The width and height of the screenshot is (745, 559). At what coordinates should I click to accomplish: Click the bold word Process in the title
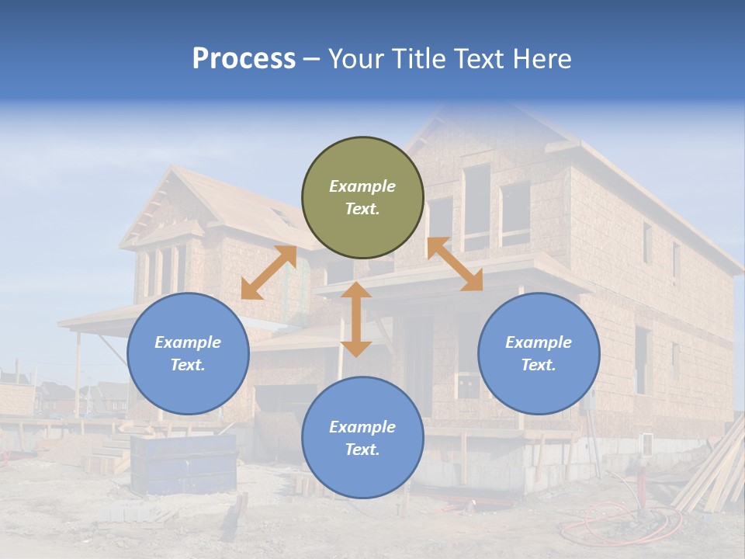pyautogui.click(x=244, y=59)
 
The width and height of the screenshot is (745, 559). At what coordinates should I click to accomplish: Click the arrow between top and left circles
pyautogui.click(x=269, y=273)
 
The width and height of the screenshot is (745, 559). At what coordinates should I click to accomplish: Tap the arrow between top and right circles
pyautogui.click(x=455, y=264)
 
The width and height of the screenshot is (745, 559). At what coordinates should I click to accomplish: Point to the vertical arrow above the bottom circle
pyautogui.click(x=356, y=319)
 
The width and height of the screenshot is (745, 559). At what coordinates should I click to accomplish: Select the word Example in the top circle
pyautogui.click(x=362, y=186)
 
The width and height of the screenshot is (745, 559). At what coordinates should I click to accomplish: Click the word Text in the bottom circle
pyautogui.click(x=361, y=450)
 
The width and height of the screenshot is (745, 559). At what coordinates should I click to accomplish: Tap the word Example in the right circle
pyautogui.click(x=539, y=342)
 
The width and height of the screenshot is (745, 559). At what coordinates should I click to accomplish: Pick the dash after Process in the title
pyautogui.click(x=311, y=60)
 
